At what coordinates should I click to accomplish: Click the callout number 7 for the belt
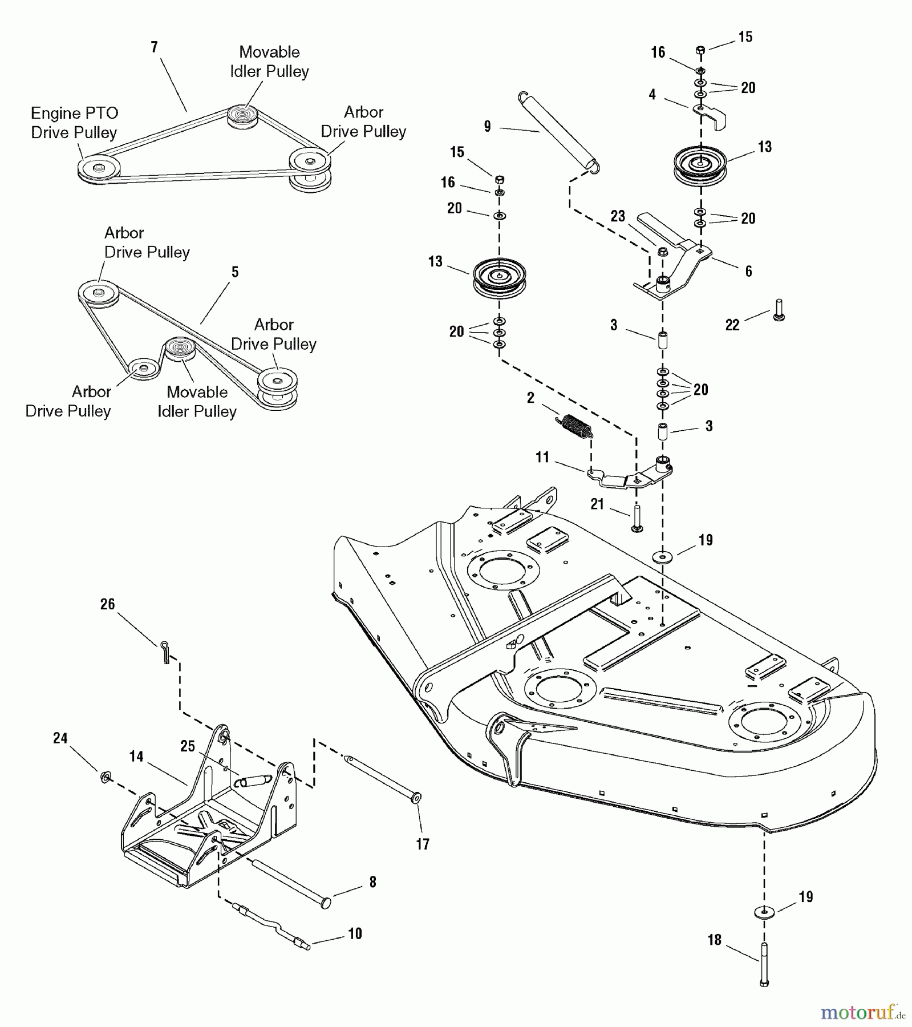[154, 47]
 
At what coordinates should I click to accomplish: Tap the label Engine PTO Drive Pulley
[74, 123]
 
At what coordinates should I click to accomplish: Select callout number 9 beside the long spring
[487, 126]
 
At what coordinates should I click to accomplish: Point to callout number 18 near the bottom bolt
[715, 940]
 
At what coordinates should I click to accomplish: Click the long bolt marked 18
[764, 964]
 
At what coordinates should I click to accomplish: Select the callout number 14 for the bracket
[136, 757]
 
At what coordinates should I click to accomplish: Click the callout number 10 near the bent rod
[355, 933]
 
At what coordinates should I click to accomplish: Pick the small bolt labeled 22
[779, 310]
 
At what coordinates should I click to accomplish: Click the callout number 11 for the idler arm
[542, 457]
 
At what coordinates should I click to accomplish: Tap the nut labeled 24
[105, 777]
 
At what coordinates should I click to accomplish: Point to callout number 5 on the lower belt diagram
[235, 272]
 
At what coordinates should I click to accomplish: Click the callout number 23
[618, 216]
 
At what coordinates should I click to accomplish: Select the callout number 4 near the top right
[652, 95]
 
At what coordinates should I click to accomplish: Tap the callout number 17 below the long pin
[423, 844]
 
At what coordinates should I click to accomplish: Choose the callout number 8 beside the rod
[372, 882]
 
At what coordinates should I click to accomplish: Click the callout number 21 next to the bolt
[597, 504]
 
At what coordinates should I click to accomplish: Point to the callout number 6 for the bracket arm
[748, 271]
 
